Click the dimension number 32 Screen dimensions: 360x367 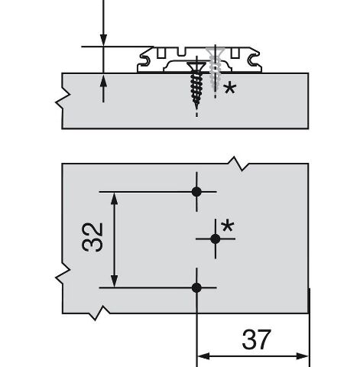coord(92,238)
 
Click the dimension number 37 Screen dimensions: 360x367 coord(255,339)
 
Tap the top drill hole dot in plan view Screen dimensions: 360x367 coord(196,192)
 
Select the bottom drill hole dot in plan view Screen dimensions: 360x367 coord(196,287)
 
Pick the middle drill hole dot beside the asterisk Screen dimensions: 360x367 coord(216,239)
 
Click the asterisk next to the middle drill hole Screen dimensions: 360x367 coord(228,226)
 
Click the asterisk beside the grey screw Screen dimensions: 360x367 coord(230,89)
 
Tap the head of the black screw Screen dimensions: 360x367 coord(196,67)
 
